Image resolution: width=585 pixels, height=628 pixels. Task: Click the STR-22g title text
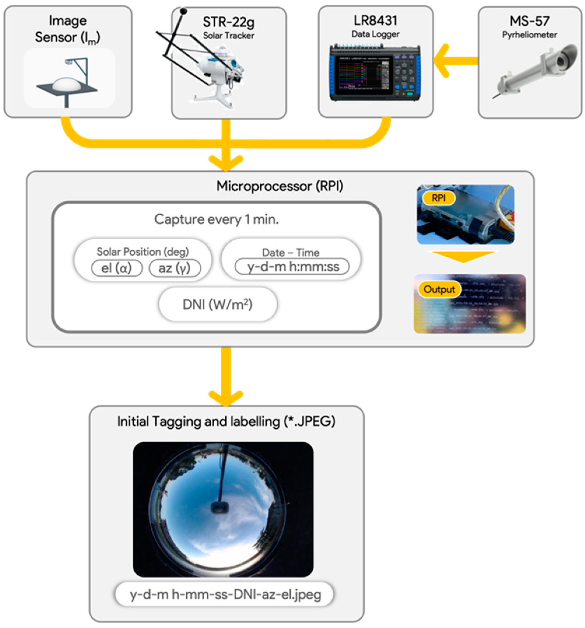click(x=228, y=22)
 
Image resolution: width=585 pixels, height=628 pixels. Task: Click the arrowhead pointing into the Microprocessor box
click(x=225, y=163)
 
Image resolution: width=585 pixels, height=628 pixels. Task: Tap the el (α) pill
click(x=116, y=268)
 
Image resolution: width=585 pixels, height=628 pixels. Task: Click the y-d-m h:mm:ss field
click(x=291, y=267)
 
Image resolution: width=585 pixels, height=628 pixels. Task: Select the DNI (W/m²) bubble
click(x=217, y=305)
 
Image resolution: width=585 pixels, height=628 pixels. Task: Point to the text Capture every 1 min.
click(x=216, y=219)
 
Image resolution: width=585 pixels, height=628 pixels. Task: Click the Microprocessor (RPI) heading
click(x=280, y=186)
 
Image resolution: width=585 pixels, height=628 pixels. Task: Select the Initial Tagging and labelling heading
click(x=226, y=421)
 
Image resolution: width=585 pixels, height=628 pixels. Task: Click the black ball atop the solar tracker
click(x=183, y=11)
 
